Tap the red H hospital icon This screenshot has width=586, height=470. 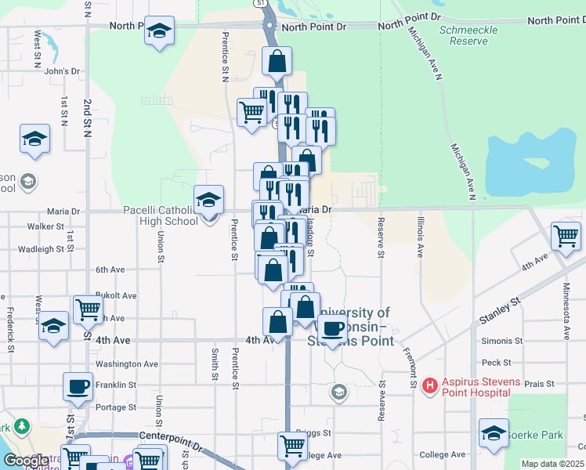(x=429, y=385)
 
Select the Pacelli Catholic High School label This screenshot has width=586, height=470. (x=161, y=215)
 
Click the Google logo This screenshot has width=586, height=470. (x=26, y=461)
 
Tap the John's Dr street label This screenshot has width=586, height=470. (x=63, y=71)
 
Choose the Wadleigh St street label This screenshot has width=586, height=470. (x=40, y=249)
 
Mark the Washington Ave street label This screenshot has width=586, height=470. (x=127, y=364)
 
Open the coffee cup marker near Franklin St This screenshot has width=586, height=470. (x=78, y=386)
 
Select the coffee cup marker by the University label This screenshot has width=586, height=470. (x=332, y=328)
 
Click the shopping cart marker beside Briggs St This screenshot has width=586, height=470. (x=292, y=446)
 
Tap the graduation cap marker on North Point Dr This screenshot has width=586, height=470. (x=160, y=31)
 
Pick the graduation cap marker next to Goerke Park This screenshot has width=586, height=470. (x=494, y=433)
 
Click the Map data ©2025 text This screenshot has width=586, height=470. (x=552, y=464)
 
